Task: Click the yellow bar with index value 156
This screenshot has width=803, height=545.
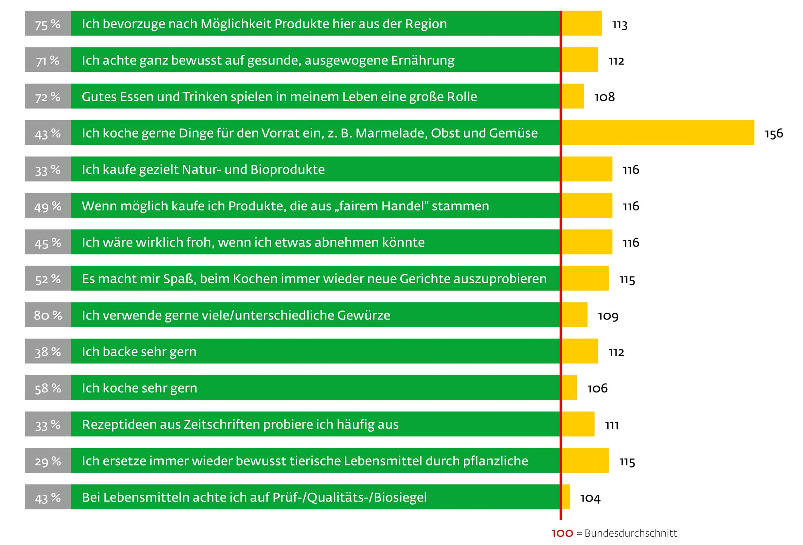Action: pyautogui.click(x=658, y=133)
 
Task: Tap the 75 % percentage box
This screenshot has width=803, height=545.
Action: pyautogui.click(x=48, y=23)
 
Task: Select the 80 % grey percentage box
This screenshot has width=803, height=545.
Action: pyautogui.click(x=48, y=315)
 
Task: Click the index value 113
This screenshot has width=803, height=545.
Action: pyautogui.click(x=619, y=25)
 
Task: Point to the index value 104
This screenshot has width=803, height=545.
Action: pyautogui.click(x=590, y=498)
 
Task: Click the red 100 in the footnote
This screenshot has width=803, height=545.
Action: pyautogui.click(x=562, y=533)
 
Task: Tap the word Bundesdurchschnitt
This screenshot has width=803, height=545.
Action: pyautogui.click(x=631, y=533)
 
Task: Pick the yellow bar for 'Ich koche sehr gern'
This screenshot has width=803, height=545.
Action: pyautogui.click(x=569, y=388)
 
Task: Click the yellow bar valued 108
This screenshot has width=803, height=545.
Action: pyautogui.click(x=573, y=96)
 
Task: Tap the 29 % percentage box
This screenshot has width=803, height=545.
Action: pyautogui.click(x=48, y=460)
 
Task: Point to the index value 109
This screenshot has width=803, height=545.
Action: pyautogui.click(x=608, y=315)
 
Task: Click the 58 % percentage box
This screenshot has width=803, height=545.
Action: pyautogui.click(x=48, y=388)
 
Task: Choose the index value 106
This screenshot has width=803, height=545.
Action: pyautogui.click(x=597, y=388)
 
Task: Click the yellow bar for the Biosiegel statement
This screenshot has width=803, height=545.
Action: pyautogui.click(x=566, y=497)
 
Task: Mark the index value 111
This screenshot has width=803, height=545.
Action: pyautogui.click(x=612, y=425)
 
